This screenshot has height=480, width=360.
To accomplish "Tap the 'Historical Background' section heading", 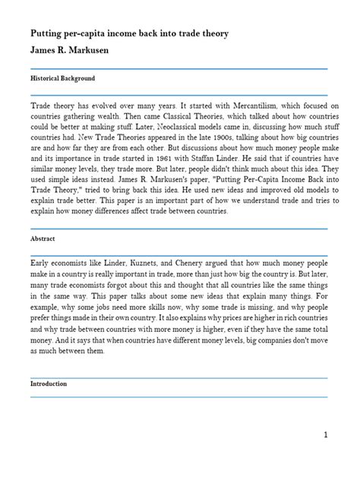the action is pyautogui.click(x=63, y=79).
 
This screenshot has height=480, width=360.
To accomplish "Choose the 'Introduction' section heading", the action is pyautogui.click(x=50, y=384).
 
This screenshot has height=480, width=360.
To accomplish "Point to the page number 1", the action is pyautogui.click(x=324, y=456).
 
